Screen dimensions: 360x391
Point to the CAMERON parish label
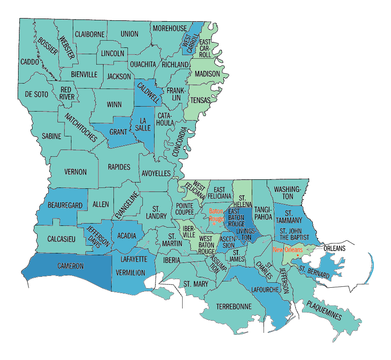70,266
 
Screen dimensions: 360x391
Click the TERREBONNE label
233,306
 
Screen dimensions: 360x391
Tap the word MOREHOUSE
170,28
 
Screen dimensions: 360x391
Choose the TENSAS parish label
200,100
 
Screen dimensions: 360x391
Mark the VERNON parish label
75,172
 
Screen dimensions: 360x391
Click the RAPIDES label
119,167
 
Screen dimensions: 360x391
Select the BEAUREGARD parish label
65,206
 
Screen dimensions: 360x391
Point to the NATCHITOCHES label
80,127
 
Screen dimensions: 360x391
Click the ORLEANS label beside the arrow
334,248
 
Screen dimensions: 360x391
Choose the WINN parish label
114,104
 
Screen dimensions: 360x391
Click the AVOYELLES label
156,173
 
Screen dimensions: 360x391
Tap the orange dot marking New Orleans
297,255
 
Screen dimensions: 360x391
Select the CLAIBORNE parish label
90,34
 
